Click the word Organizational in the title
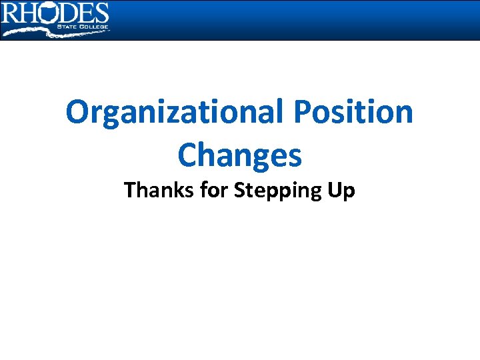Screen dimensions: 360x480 [175, 113]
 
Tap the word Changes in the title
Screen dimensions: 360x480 [239, 155]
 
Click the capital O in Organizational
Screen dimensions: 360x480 [79, 113]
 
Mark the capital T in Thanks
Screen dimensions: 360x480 [130, 191]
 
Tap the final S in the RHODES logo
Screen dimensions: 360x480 [100, 13]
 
